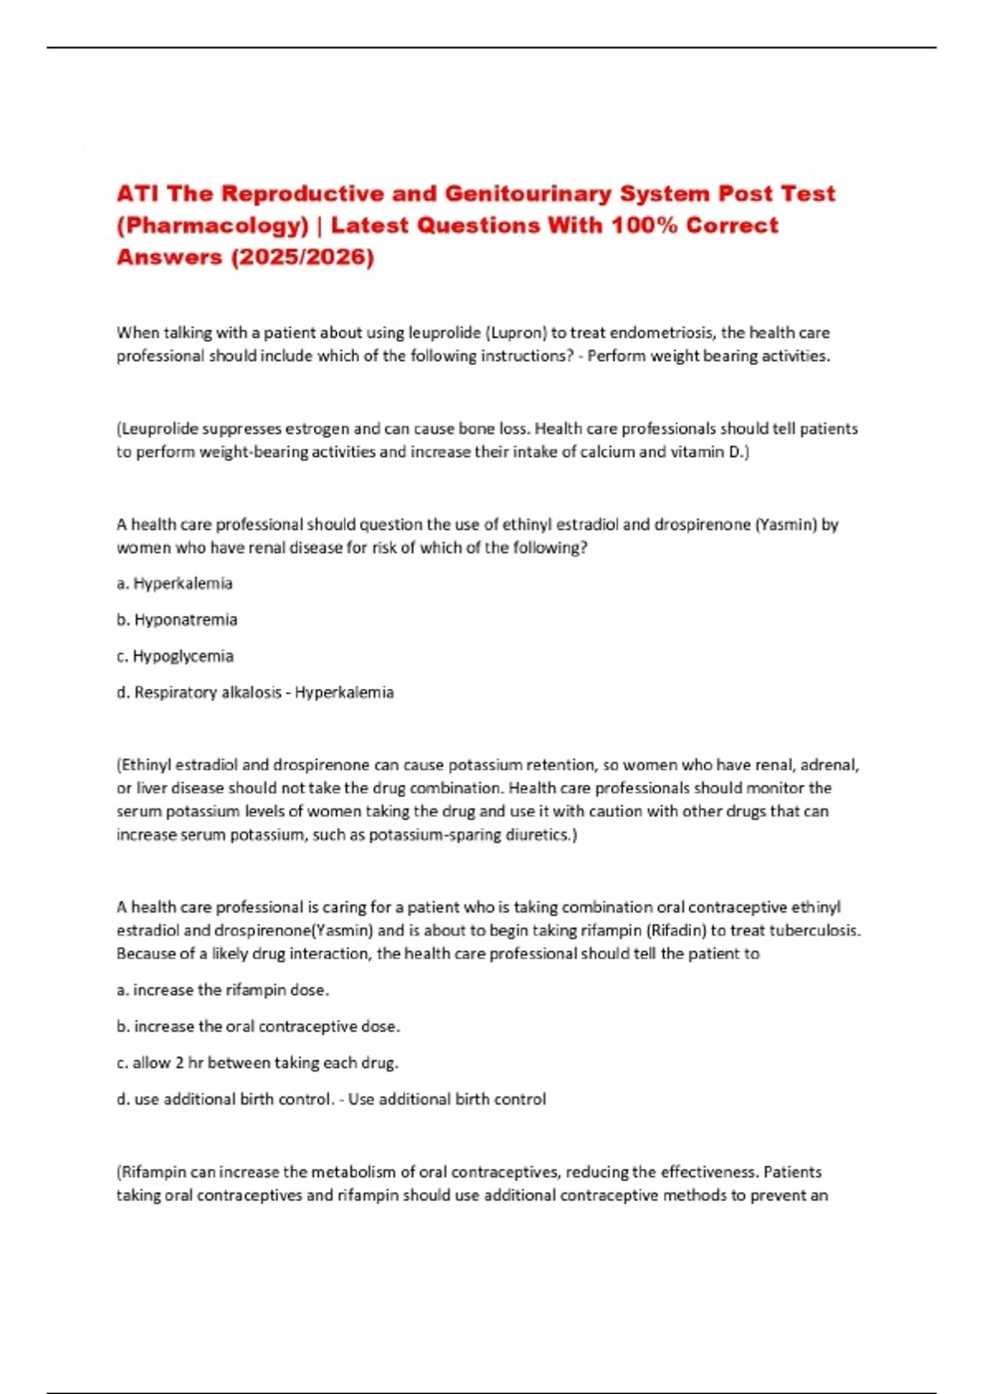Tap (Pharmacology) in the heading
pyautogui.click(x=212, y=225)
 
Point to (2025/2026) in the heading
pyautogui.click(x=303, y=257)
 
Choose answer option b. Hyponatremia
pyautogui.click(x=177, y=620)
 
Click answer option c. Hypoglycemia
pyautogui.click(x=175, y=656)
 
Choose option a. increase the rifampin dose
pyautogui.click(x=222, y=991)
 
